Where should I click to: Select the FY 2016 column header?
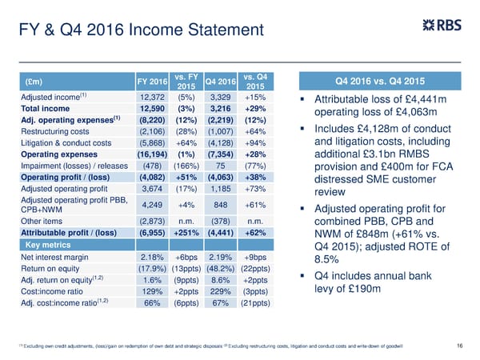click(x=152, y=82)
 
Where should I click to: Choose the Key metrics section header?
click(x=48, y=244)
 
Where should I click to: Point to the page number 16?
click(x=458, y=344)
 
